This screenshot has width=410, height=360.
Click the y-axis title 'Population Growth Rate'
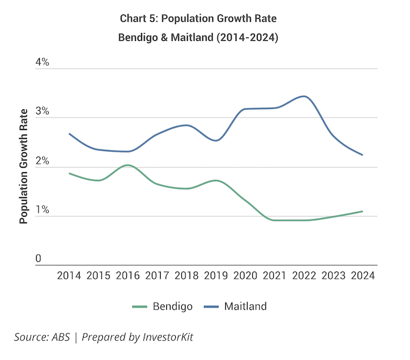(23, 166)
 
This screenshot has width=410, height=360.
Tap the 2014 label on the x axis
(69, 276)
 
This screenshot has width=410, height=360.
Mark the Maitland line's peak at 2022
(305, 96)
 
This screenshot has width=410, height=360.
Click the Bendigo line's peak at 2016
(128, 165)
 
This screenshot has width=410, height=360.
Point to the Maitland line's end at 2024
(362, 155)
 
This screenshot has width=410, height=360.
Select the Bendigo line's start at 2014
(69, 173)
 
